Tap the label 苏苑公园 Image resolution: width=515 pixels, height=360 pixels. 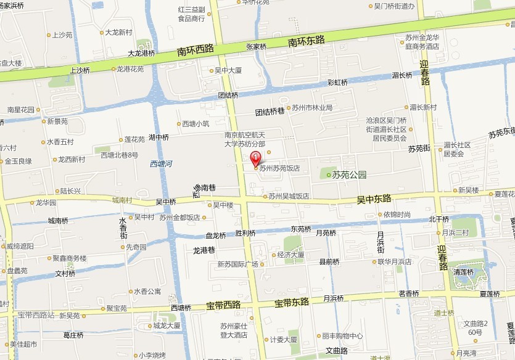pyautogui.click(x=349, y=174)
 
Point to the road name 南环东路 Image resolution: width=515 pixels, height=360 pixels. pyautogui.click(x=307, y=41)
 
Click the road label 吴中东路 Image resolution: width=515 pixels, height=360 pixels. pyautogui.click(x=374, y=199)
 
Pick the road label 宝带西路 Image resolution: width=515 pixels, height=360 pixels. pyautogui.click(x=223, y=305)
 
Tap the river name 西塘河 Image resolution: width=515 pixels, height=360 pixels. pyautogui.click(x=161, y=164)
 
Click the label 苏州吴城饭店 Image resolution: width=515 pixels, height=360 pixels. pyautogui.click(x=288, y=197)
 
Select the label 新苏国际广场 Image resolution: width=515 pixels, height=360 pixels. pyautogui.click(x=237, y=264)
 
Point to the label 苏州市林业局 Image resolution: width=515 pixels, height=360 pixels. pyautogui.click(x=312, y=108)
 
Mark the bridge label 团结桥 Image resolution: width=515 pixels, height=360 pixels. pyautogui.click(x=228, y=96)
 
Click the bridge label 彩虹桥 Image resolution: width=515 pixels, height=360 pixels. pyautogui.click(x=337, y=82)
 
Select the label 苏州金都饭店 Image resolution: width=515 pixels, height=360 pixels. pyautogui.click(x=179, y=218)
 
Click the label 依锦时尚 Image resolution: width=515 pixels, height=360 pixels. pyautogui.click(x=397, y=215)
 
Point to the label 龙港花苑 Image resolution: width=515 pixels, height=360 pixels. pyautogui.click(x=130, y=69)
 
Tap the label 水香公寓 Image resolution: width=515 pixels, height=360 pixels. pyautogui.click(x=147, y=291)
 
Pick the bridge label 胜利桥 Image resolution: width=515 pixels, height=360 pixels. pyautogui.click(x=245, y=233)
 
